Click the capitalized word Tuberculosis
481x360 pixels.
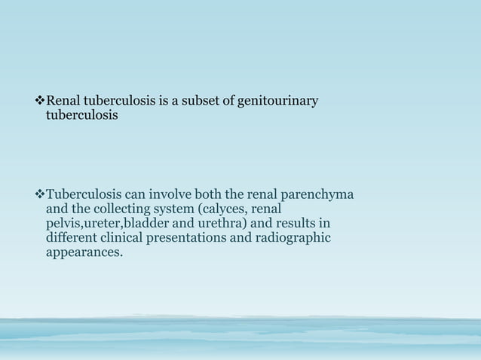pyautogui.click(x=81, y=197)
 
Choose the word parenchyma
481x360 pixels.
pyautogui.click(x=319, y=197)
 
